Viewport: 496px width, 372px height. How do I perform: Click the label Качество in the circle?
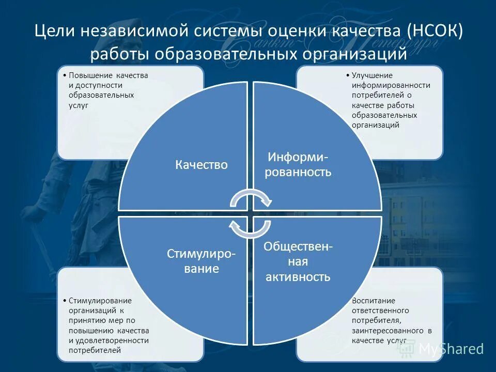pyautogui.click(x=202, y=165)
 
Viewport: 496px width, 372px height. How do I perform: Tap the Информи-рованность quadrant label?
pyautogui.click(x=298, y=164)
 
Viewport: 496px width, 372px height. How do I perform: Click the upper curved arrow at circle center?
pyautogui.click(x=251, y=197)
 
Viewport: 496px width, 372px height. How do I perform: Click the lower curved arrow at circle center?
pyautogui.click(x=251, y=229)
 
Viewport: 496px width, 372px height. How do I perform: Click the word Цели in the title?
pyautogui.click(x=55, y=32)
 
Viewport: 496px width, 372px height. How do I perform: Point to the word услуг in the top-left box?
pyautogui.click(x=79, y=105)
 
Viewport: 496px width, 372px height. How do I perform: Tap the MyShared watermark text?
pyautogui.click(x=451, y=349)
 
